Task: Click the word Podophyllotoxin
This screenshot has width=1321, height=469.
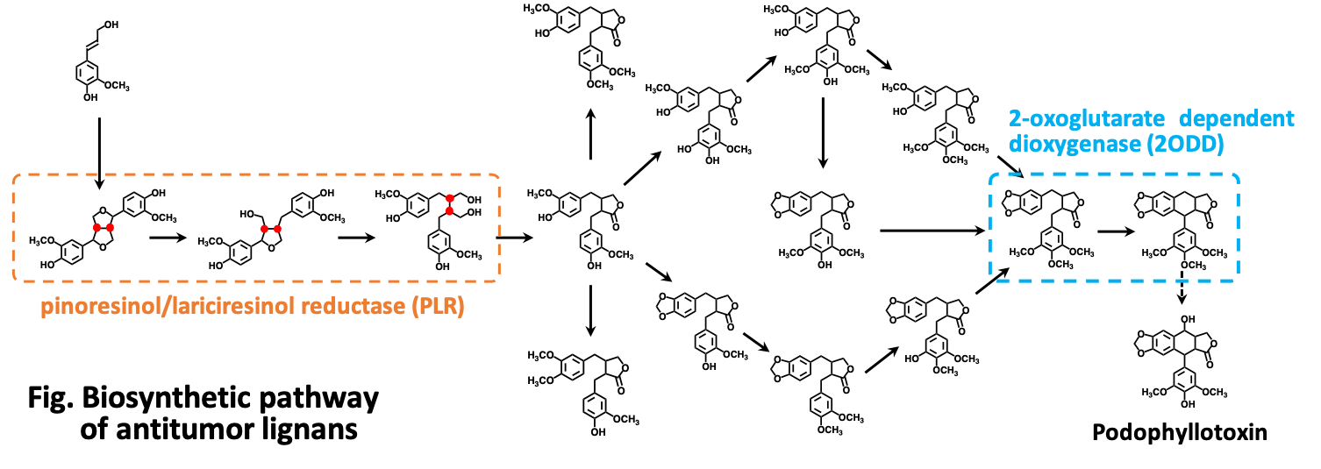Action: [1180, 432]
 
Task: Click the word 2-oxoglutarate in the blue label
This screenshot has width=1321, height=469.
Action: [1086, 119]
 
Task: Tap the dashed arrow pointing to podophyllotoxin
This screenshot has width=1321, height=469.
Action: [1182, 287]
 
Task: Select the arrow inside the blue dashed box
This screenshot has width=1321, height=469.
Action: [1116, 231]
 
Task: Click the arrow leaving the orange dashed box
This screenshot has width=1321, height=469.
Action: [514, 238]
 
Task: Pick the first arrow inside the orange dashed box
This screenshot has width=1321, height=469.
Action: [168, 238]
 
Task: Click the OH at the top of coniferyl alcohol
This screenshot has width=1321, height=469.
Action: [111, 25]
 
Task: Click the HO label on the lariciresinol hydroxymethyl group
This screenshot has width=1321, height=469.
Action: [247, 214]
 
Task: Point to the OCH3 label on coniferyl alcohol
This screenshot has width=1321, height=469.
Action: [117, 85]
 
